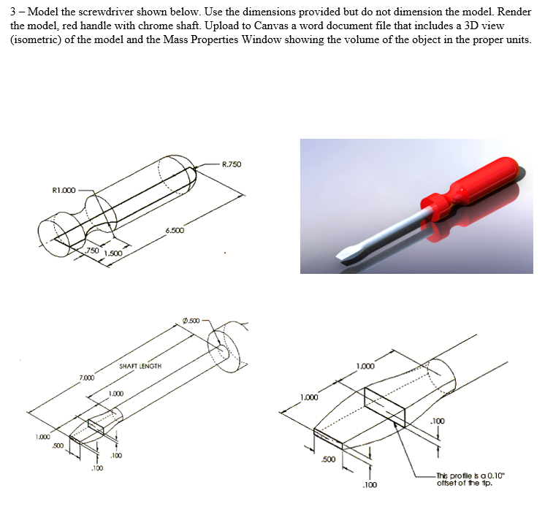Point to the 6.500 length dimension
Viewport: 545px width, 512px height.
click(x=175, y=231)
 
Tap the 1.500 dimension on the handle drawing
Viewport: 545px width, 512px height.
click(x=113, y=253)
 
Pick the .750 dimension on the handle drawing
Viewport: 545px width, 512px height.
click(x=92, y=250)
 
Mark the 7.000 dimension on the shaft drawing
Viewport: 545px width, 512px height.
click(x=86, y=378)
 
